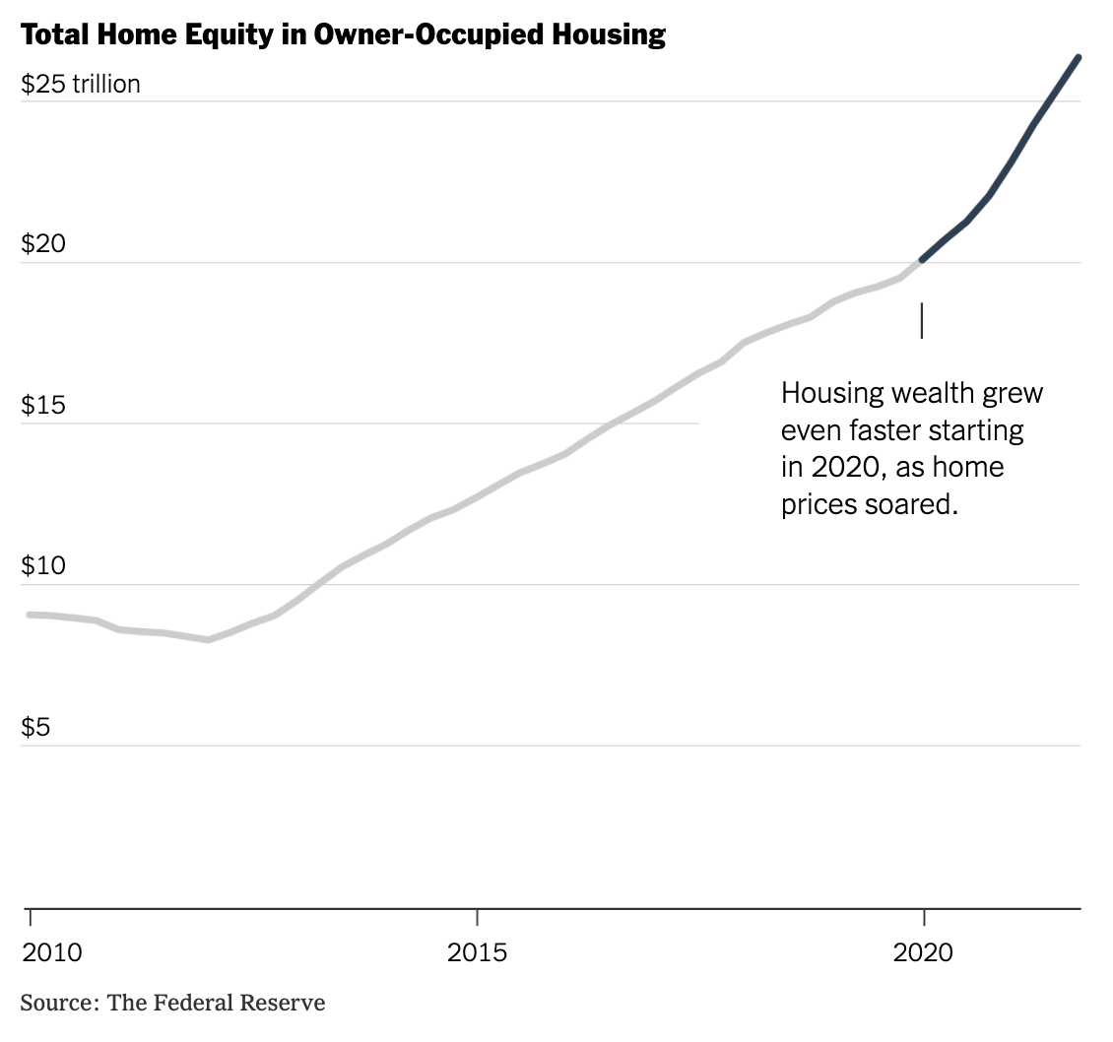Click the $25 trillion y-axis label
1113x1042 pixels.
[81, 85]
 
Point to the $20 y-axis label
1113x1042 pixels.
[43, 243]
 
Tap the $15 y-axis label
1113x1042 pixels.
[42, 405]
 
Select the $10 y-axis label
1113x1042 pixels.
[43, 565]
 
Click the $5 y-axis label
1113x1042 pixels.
[37, 727]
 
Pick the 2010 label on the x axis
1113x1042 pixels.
[51, 952]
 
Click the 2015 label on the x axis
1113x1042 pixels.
[477, 952]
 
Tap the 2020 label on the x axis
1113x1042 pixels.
[923, 952]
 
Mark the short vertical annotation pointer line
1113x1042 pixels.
[922, 320]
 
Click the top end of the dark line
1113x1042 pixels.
[1079, 58]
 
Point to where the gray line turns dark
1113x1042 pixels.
[922, 261]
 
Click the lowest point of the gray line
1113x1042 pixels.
[208, 639]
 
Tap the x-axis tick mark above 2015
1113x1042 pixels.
[477, 917]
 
